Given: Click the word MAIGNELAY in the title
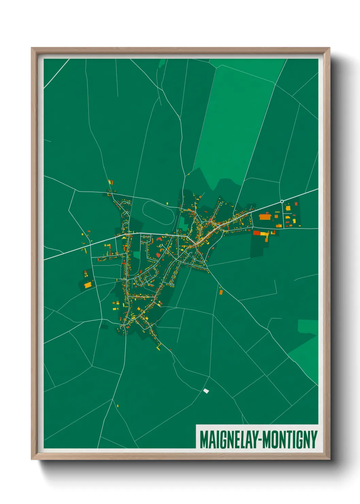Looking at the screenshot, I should click(x=228, y=440).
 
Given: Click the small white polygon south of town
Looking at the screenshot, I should click(x=206, y=391).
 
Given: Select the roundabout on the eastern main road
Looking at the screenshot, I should click(x=282, y=202).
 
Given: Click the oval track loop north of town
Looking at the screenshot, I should click(x=159, y=212).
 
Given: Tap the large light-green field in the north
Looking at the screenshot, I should click(x=235, y=119).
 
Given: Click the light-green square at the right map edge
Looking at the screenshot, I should click(x=308, y=326).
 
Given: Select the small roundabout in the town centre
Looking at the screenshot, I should click(x=202, y=222).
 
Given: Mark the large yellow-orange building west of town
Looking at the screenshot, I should click(x=88, y=284).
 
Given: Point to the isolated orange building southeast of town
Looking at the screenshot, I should click(x=221, y=292).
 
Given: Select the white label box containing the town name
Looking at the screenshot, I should click(x=257, y=437).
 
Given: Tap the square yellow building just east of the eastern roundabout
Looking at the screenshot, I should click(x=288, y=207).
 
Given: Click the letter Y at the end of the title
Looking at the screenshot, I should click(x=314, y=440).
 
